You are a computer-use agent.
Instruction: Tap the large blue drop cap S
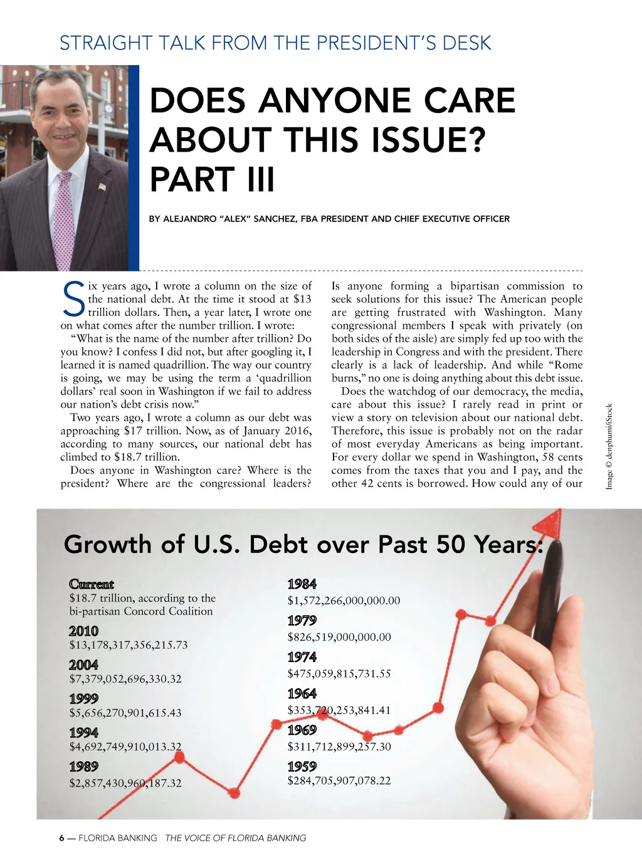tap(74, 300)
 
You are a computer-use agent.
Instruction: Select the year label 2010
tap(83, 631)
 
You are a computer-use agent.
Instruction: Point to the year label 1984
tap(302, 584)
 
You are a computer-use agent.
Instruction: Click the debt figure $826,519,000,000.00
tap(339, 637)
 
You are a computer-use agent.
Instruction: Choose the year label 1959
tap(302, 766)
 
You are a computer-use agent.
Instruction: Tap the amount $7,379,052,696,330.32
tap(125, 679)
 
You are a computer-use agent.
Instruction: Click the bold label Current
tap(92, 584)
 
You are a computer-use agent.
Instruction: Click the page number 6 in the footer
tap(61, 838)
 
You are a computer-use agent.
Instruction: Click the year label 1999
tap(83, 698)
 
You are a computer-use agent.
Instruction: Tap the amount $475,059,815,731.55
tap(339, 674)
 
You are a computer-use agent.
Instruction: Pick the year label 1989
tap(83, 766)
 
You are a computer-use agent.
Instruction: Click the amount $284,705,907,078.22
tap(339, 781)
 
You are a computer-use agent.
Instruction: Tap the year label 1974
tap(302, 657)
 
